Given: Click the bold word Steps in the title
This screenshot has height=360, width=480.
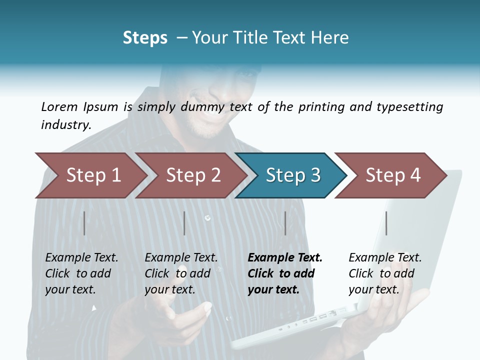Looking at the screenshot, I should pyautogui.click(x=145, y=38).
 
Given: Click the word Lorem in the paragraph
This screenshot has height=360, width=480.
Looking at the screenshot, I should pyautogui.click(x=59, y=106).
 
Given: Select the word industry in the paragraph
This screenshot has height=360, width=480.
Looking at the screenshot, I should pyautogui.click(x=65, y=124).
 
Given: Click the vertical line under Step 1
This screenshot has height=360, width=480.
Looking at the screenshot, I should pyautogui.click(x=84, y=223).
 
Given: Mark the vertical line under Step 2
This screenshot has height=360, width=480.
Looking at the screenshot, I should pyautogui.click(x=184, y=223).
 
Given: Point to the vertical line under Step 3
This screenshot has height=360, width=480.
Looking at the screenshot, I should pyautogui.click(x=285, y=223).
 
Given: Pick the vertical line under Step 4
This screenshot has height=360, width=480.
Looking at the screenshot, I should pyautogui.click(x=386, y=223).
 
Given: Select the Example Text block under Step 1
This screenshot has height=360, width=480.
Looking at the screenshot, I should pyautogui.click(x=81, y=273).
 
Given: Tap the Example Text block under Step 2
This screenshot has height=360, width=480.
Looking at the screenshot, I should pyautogui.click(x=181, y=273).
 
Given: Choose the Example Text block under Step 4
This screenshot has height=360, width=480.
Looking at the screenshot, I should pyautogui.click(x=385, y=273).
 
